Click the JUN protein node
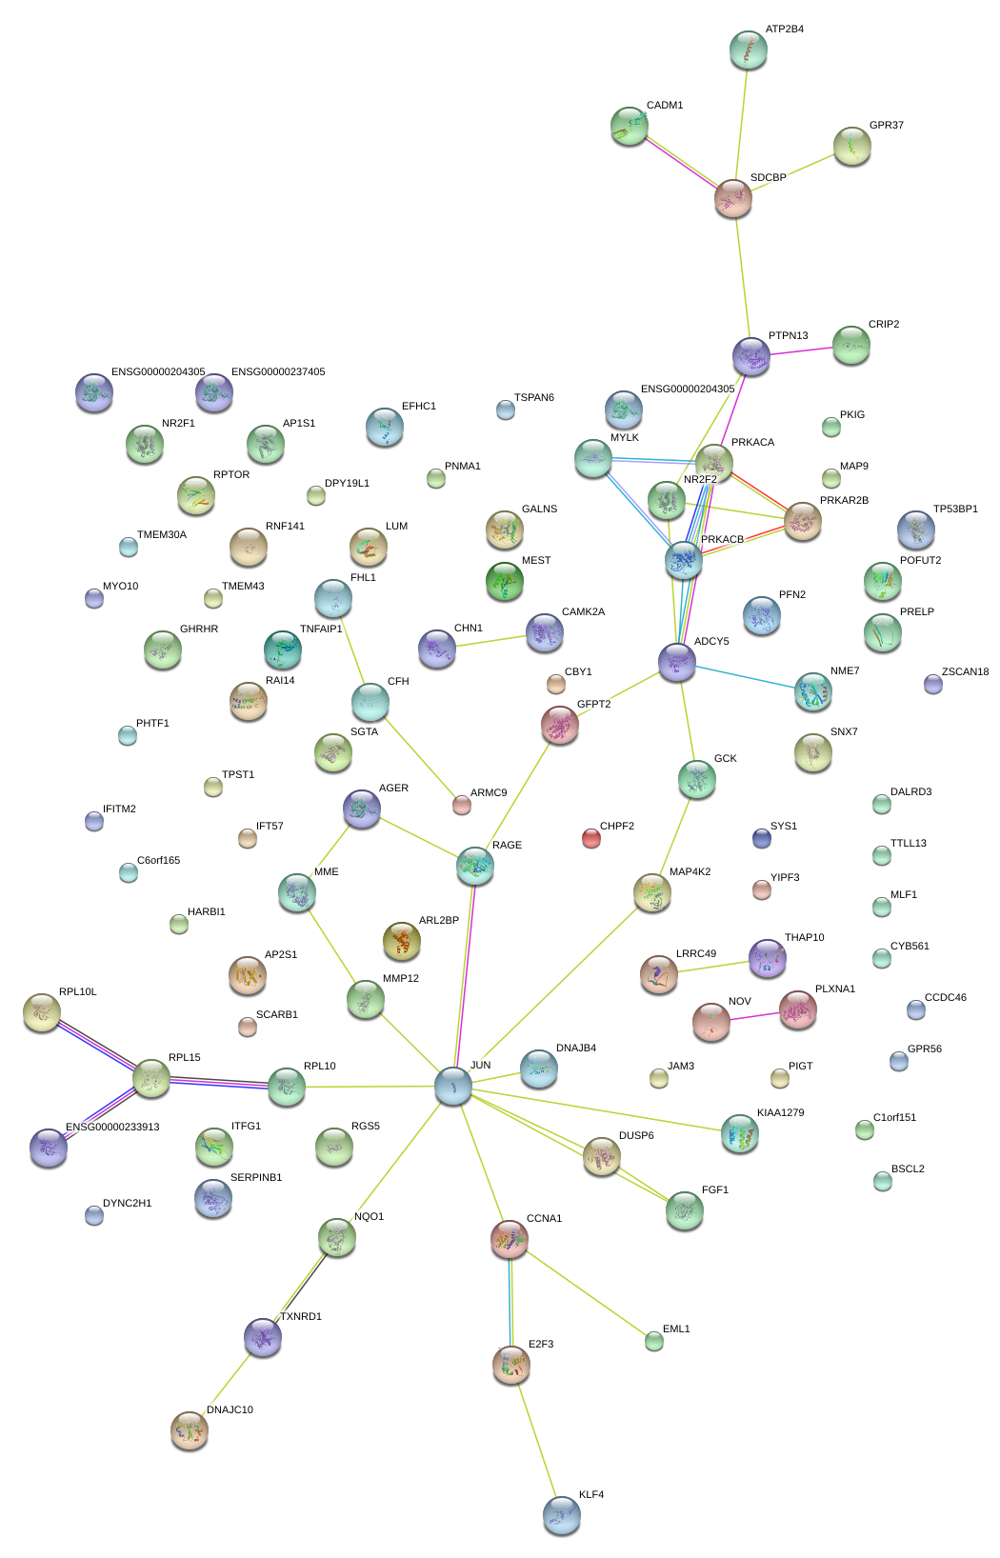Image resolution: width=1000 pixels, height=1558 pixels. (452, 1086)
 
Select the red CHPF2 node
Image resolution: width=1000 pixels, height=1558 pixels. (591, 838)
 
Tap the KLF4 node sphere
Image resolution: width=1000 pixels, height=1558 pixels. (561, 1514)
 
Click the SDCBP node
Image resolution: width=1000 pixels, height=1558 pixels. (733, 197)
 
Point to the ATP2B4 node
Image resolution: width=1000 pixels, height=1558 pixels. (748, 50)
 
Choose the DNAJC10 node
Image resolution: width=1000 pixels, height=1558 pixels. (189, 1429)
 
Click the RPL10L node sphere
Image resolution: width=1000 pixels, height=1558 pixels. (42, 1012)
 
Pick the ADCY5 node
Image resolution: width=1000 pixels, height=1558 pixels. (677, 661)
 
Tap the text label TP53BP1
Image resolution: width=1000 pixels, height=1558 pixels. (955, 509)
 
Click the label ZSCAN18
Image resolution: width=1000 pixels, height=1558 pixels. (965, 671)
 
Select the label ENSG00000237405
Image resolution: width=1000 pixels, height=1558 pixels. (278, 371)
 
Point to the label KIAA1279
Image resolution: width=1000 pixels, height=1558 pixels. (781, 1112)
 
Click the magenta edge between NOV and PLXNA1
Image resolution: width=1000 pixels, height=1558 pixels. (754, 1016)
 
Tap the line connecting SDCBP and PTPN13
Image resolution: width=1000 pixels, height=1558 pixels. (742, 276)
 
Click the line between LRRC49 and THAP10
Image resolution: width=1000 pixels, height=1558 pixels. (712, 968)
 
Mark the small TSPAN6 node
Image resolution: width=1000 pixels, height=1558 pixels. (506, 410)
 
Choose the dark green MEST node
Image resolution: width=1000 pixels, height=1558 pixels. (505, 582)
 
